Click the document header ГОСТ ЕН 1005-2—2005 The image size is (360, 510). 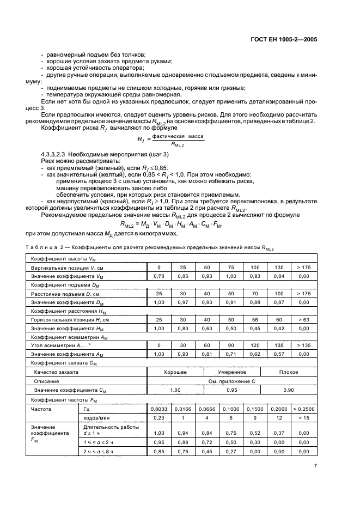point(287,40)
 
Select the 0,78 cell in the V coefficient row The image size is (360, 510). point(158,277)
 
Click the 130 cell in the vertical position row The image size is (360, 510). point(278,268)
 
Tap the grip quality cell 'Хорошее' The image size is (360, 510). point(175,372)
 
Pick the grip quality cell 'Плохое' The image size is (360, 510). point(288,372)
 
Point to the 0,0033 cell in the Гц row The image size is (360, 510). point(158,408)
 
